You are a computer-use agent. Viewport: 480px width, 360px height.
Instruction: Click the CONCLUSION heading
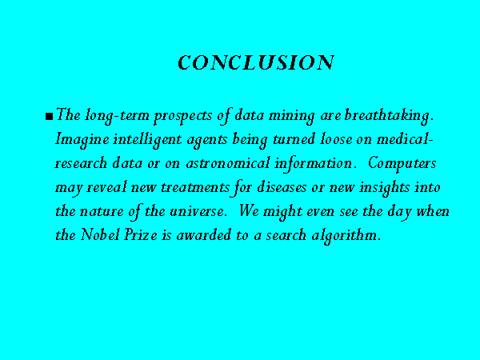pyautogui.click(x=256, y=62)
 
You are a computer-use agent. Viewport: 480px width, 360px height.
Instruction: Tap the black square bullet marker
pyautogui.click(x=49, y=117)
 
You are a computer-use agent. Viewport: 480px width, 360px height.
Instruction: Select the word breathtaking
pyautogui.click(x=389, y=116)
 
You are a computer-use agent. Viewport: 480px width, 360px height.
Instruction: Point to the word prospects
pyautogui.click(x=183, y=117)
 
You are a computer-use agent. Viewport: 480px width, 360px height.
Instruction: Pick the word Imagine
pyautogui.click(x=82, y=141)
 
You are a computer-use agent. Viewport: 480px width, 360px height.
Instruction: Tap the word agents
pyautogui.click(x=207, y=141)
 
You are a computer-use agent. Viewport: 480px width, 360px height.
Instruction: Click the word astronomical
pyautogui.click(x=228, y=163)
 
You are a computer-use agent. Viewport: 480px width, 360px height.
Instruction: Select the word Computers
pyautogui.click(x=402, y=164)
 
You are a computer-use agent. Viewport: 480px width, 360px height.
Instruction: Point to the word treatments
pyautogui.click(x=195, y=187)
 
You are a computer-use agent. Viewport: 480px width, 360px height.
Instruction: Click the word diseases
pyautogui.click(x=282, y=187)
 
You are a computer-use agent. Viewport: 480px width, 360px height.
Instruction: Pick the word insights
pyautogui.click(x=385, y=188)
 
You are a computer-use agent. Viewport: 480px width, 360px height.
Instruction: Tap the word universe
pyautogui.click(x=198, y=211)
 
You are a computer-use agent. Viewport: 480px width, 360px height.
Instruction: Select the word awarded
pyautogui.click(x=203, y=234)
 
